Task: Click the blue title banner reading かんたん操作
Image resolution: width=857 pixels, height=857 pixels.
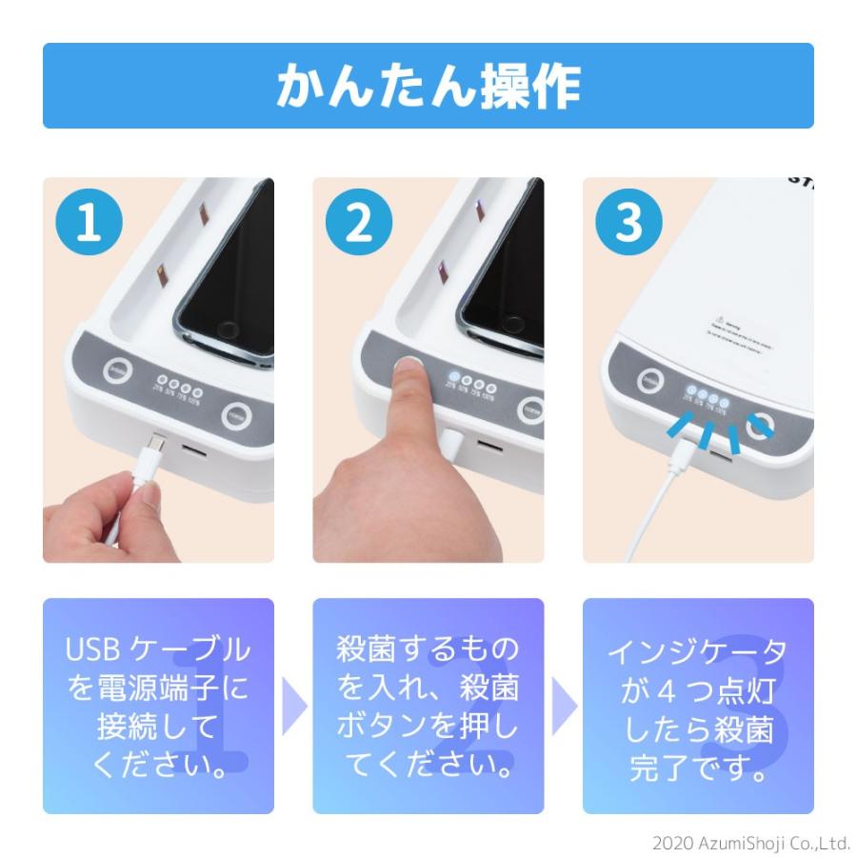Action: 428,86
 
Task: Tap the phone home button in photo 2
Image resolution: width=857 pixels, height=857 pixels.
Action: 496,330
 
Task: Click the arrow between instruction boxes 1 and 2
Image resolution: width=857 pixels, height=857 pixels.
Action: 294,706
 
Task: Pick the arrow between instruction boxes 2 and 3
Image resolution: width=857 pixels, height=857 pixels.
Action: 564,706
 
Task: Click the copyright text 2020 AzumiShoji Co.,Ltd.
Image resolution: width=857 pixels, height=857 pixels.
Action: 750,843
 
